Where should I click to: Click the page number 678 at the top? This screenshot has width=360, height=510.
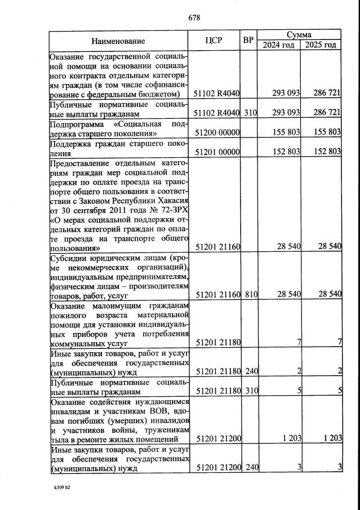[194, 17]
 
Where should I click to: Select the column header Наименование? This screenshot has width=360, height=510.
[118, 41]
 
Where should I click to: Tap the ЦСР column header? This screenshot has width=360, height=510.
[216, 41]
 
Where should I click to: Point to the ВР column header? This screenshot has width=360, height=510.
[248, 41]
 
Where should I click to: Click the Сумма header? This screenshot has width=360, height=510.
[299, 35]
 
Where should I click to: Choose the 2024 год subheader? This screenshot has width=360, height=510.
[279, 45]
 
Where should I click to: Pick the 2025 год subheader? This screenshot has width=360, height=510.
[321, 45]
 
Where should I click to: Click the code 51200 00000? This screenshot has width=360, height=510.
[217, 133]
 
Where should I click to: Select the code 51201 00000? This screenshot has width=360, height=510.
[217, 152]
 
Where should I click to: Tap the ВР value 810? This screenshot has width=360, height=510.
[250, 294]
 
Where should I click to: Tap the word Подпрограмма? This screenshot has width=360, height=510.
[77, 124]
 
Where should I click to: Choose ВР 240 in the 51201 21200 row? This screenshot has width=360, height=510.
[250, 467]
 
